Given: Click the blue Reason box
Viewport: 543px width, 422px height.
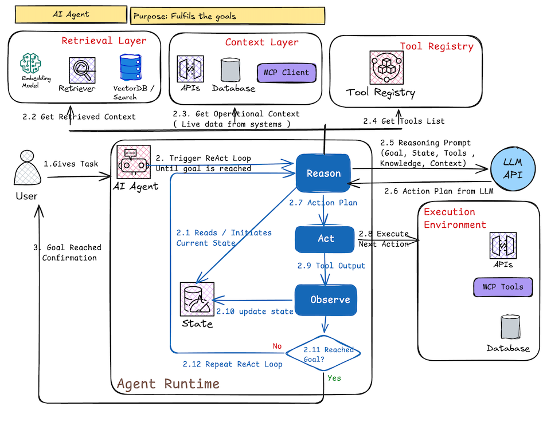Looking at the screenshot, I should pyautogui.click(x=323, y=173).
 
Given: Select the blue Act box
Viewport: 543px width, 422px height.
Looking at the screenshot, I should pyautogui.click(x=326, y=239).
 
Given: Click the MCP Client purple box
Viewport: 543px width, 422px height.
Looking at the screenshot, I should pyautogui.click(x=286, y=73).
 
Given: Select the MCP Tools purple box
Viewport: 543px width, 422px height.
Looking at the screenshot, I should pyautogui.click(x=502, y=287).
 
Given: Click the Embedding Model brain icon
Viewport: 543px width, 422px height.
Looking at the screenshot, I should pyautogui.click(x=31, y=64).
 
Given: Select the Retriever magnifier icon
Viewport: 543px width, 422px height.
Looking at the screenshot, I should pyautogui.click(x=80, y=70).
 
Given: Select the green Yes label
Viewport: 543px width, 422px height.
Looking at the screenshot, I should pyautogui.click(x=334, y=378).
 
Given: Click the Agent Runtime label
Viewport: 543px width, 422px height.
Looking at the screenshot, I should pyautogui.click(x=168, y=383).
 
